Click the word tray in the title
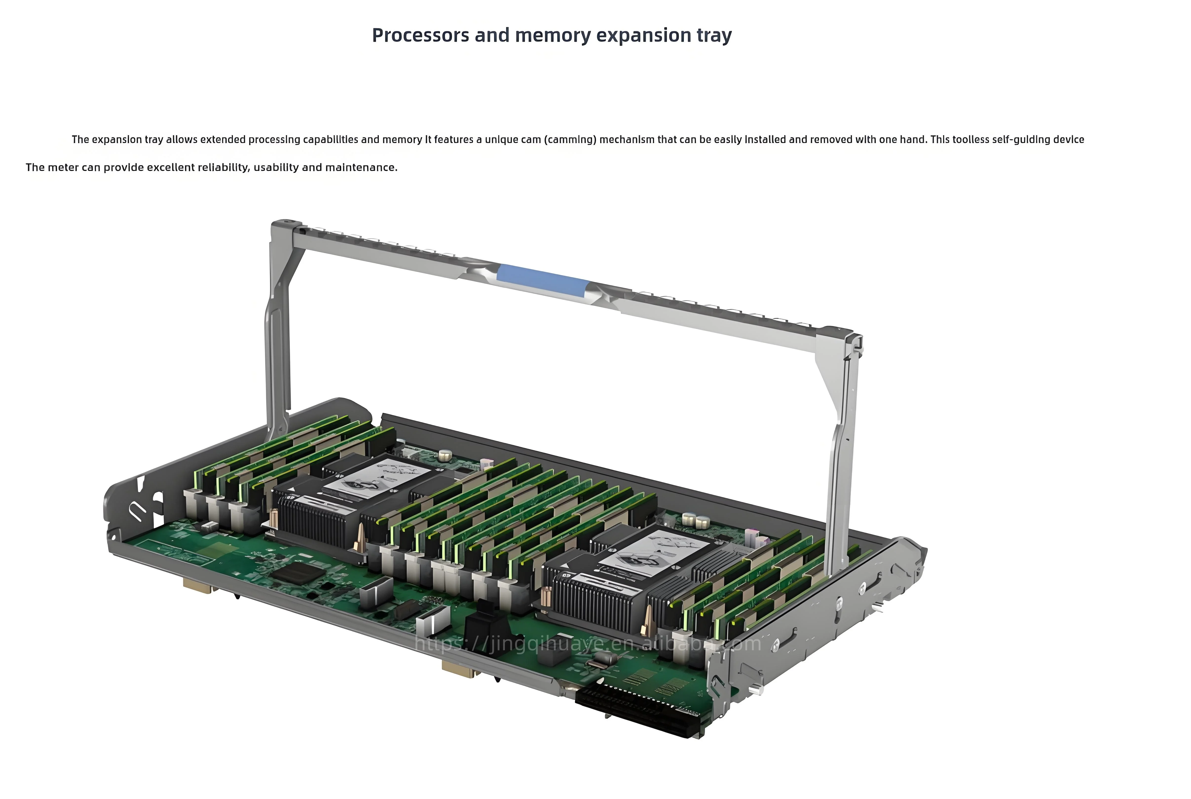point(714,36)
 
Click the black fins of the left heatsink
point(314,525)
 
